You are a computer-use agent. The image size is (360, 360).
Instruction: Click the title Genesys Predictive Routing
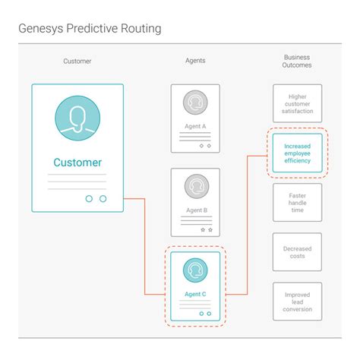[x=90, y=29]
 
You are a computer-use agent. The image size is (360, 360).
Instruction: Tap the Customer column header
[x=77, y=61]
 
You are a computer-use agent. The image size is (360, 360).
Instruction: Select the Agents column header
[x=195, y=61]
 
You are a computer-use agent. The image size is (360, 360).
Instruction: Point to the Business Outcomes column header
[x=297, y=62]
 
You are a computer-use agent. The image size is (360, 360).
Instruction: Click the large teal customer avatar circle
[x=77, y=118]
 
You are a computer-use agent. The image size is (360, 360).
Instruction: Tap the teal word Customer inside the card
[x=77, y=162]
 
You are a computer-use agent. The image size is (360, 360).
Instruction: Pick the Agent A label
[x=195, y=126]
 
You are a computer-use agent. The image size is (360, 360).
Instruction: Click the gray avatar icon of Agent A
[x=195, y=103]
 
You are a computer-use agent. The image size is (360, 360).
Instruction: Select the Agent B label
[x=195, y=210]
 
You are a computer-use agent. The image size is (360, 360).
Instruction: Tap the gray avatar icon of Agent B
[x=195, y=187]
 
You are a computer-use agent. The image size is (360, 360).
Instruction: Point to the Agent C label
[x=195, y=294]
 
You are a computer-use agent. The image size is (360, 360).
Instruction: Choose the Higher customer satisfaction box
[x=297, y=103]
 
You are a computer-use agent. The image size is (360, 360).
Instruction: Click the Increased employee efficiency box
[x=297, y=152]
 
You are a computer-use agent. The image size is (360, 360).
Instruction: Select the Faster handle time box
[x=297, y=202]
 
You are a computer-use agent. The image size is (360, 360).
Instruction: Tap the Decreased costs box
[x=297, y=252]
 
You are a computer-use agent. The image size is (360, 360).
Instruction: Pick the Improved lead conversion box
[x=297, y=302]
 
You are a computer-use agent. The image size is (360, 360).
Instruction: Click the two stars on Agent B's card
[x=205, y=229]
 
